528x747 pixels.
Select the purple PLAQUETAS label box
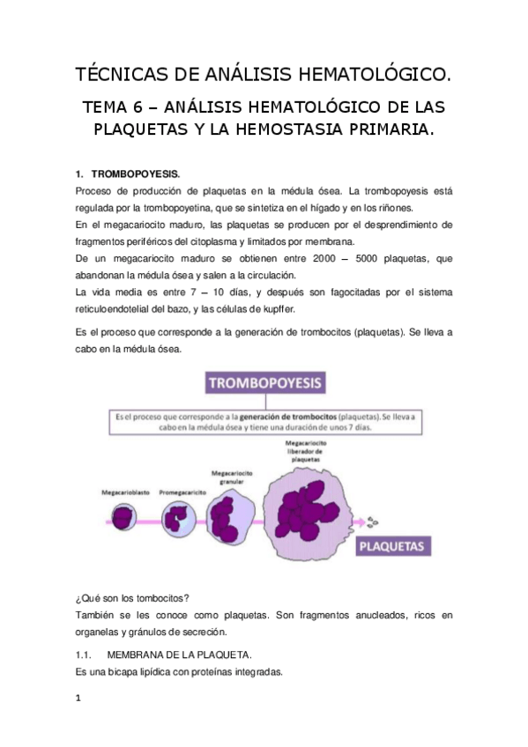click(393, 547)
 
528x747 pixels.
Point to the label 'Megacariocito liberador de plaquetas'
click(302, 450)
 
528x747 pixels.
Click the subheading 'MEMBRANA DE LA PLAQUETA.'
click(179, 655)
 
